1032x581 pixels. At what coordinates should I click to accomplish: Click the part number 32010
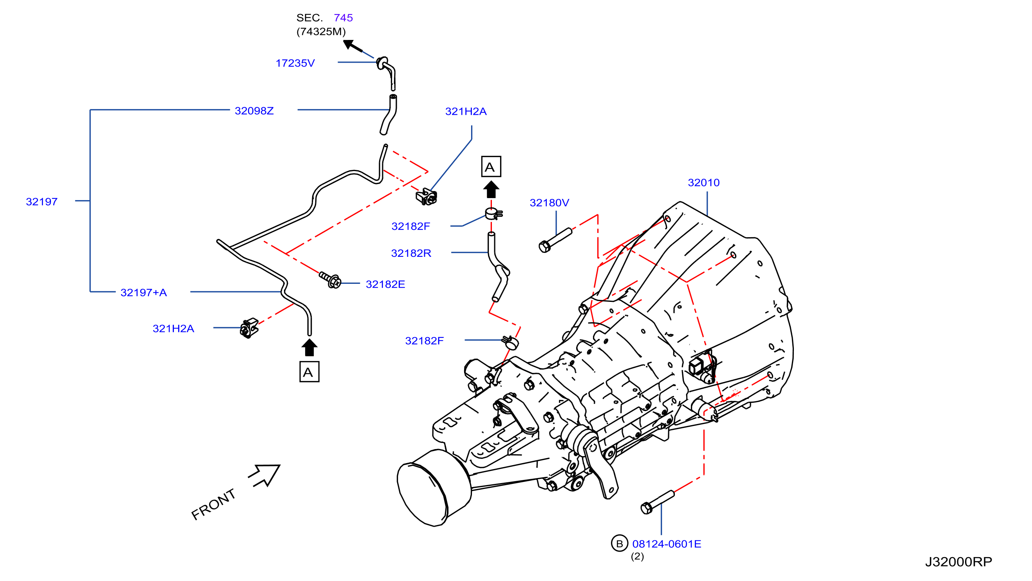(703, 182)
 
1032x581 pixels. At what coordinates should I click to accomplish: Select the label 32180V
(549, 203)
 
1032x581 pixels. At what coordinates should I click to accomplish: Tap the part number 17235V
(295, 63)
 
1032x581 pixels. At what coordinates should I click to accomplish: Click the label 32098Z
(255, 110)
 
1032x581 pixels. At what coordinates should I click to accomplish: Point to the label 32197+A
(144, 292)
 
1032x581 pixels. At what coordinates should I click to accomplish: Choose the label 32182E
(385, 284)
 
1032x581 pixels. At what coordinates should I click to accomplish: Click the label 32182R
(411, 253)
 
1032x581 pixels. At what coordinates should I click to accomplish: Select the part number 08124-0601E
(667, 544)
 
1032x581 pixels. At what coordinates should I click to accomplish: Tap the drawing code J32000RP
(959, 562)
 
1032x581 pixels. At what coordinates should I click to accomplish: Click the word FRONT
(213, 504)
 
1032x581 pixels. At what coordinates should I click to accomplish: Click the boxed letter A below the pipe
(309, 372)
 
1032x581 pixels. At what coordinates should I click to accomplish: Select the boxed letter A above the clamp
(491, 166)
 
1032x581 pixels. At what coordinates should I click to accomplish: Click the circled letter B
(619, 543)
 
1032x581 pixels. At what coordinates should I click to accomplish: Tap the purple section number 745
(343, 18)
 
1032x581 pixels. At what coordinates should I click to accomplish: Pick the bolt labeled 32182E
(330, 280)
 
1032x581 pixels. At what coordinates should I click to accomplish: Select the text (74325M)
(321, 32)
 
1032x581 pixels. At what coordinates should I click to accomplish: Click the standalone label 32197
(42, 201)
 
